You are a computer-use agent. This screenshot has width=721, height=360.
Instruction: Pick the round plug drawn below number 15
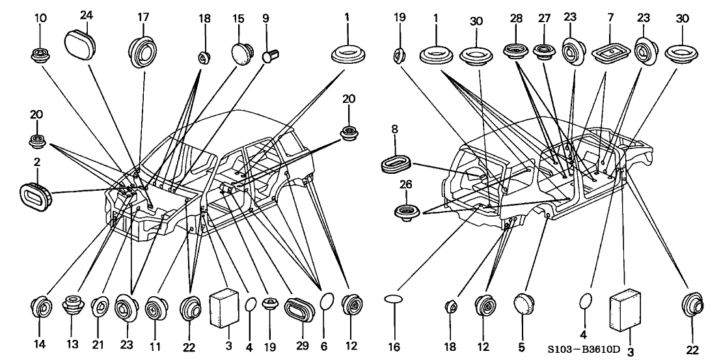tap(243, 52)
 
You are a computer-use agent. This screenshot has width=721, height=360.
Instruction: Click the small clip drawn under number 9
tap(269, 57)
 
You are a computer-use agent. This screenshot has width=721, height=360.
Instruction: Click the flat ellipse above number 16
tap(395, 299)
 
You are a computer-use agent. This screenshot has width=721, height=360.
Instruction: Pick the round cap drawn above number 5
tap(524, 304)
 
